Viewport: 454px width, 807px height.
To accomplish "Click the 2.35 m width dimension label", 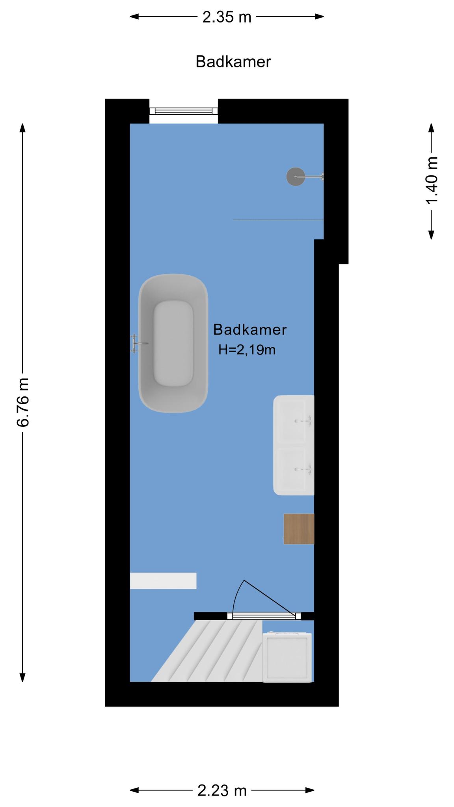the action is tap(227, 17).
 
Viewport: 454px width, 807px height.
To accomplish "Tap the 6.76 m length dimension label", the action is tap(23, 402).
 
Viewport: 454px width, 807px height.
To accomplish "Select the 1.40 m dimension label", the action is tap(432, 180).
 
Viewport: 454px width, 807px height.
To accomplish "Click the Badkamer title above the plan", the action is tap(233, 62).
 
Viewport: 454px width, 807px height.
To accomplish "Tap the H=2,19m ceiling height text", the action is tap(247, 350).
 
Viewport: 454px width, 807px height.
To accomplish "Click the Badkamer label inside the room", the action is tap(250, 329).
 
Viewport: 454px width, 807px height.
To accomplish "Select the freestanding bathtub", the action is tap(173, 343).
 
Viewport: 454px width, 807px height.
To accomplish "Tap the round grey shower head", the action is tap(296, 177).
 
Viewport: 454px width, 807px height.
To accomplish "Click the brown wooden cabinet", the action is tap(299, 529).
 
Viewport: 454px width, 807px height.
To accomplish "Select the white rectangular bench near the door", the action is tap(163, 581).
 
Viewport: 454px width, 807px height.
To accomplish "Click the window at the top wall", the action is tap(184, 111).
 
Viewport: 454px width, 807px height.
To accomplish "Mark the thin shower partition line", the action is tap(278, 220).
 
